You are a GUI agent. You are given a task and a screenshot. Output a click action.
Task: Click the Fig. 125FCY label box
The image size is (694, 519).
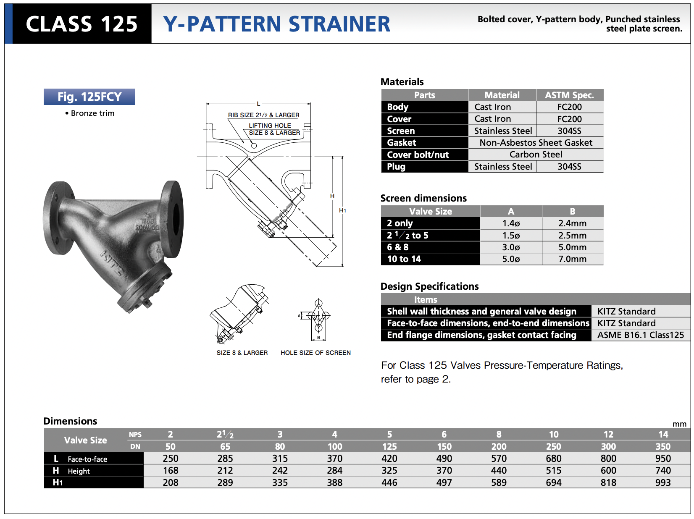89,97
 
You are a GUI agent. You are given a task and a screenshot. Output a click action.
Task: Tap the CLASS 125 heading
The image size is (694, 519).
81,24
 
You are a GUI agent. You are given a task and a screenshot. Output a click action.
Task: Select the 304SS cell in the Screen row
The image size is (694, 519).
569,131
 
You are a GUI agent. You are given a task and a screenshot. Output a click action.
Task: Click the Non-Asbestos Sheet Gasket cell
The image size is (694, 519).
536,143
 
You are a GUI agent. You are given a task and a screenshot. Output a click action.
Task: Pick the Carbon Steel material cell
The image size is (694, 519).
536,155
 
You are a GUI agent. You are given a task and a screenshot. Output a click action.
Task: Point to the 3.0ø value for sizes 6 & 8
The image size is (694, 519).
510,247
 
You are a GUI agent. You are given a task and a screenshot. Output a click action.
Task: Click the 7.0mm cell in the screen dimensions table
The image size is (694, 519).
572,259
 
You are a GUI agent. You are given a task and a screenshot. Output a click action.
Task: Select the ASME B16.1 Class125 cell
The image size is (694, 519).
640,335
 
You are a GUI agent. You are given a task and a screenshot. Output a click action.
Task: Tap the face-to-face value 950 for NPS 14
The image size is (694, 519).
662,459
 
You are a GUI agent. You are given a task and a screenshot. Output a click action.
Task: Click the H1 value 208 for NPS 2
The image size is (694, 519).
171,482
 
